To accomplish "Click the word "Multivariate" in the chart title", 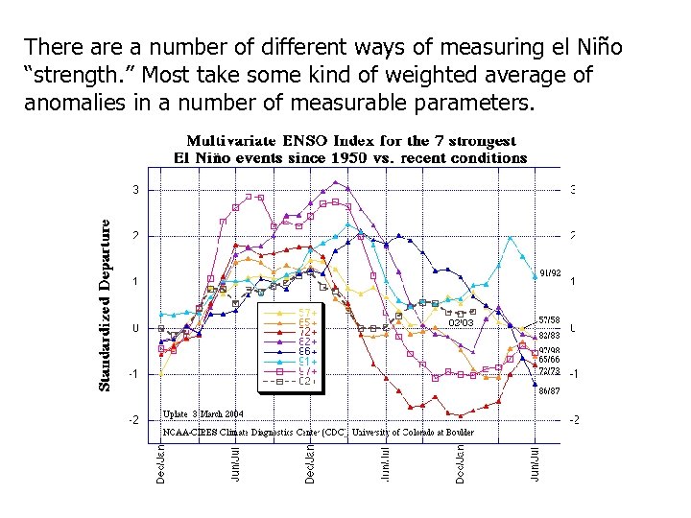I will (x=231, y=141).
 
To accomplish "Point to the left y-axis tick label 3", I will (x=136, y=190).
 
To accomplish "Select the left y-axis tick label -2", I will (x=134, y=420).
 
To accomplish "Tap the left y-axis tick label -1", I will (x=134, y=374).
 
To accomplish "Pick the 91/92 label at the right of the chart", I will (x=549, y=272).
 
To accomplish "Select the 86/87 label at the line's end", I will (x=549, y=391).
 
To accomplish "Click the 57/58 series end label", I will (x=549, y=320).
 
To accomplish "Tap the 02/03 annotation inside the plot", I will (x=462, y=323).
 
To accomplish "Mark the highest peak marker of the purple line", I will (x=335, y=181).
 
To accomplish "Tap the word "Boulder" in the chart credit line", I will (x=454, y=433).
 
